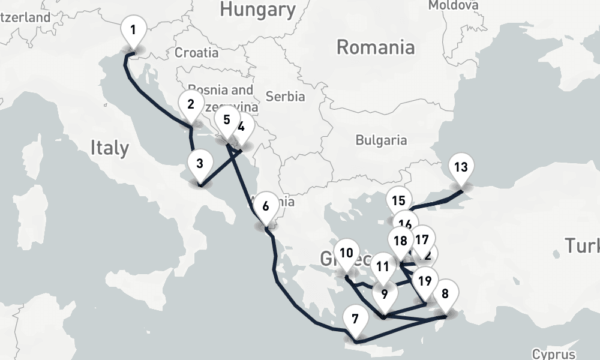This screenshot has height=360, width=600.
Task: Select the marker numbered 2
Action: coord(191,104)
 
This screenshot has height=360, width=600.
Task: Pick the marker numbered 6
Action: coord(265,206)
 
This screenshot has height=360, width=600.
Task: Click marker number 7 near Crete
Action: coord(355,320)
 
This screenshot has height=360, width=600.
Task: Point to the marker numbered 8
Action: coord(445,295)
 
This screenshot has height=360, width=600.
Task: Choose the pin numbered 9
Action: coord(385,295)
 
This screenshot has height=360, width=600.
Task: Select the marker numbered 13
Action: coord(461,167)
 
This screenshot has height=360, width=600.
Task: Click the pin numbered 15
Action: coord(398,202)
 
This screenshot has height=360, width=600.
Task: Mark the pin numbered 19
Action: coord(425,280)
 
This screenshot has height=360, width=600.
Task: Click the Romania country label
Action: coord(376,47)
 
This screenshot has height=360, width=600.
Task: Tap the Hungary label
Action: coord(258,9)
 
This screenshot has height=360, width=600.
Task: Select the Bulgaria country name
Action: coord(381,140)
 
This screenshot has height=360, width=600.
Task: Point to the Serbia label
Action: coord(285,96)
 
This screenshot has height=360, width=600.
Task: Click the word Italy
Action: coord(110,148)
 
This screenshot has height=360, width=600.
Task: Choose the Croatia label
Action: coord(197,53)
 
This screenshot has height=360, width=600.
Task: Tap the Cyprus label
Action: coord(553,354)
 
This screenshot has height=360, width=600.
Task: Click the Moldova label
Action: coord(454,5)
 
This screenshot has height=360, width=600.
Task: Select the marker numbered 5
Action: coord(226,119)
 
